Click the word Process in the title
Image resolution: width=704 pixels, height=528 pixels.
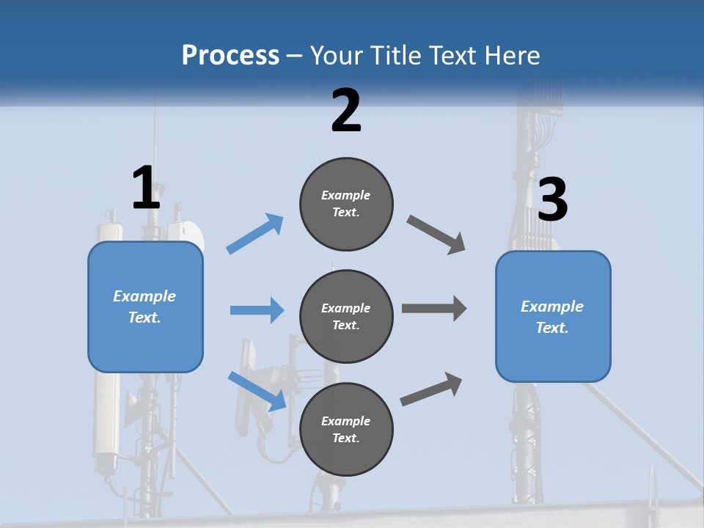(x=230, y=55)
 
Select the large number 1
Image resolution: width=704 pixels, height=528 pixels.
(x=146, y=188)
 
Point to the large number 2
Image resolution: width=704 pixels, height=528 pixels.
(x=346, y=111)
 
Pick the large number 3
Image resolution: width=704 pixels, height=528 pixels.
(x=553, y=200)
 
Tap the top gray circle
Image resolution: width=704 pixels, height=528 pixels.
(x=346, y=204)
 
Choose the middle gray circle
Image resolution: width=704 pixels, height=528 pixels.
(x=346, y=316)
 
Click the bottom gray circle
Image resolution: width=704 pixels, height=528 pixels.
(x=346, y=429)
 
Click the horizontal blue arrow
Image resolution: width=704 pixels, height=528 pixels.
(x=257, y=310)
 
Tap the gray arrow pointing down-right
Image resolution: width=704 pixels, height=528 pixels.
(x=436, y=235)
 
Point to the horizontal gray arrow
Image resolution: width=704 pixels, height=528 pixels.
(x=434, y=309)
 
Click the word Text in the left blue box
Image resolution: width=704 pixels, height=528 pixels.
(x=144, y=318)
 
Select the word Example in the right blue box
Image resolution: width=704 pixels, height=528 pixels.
(x=552, y=307)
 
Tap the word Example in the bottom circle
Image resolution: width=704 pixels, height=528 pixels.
(x=345, y=421)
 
